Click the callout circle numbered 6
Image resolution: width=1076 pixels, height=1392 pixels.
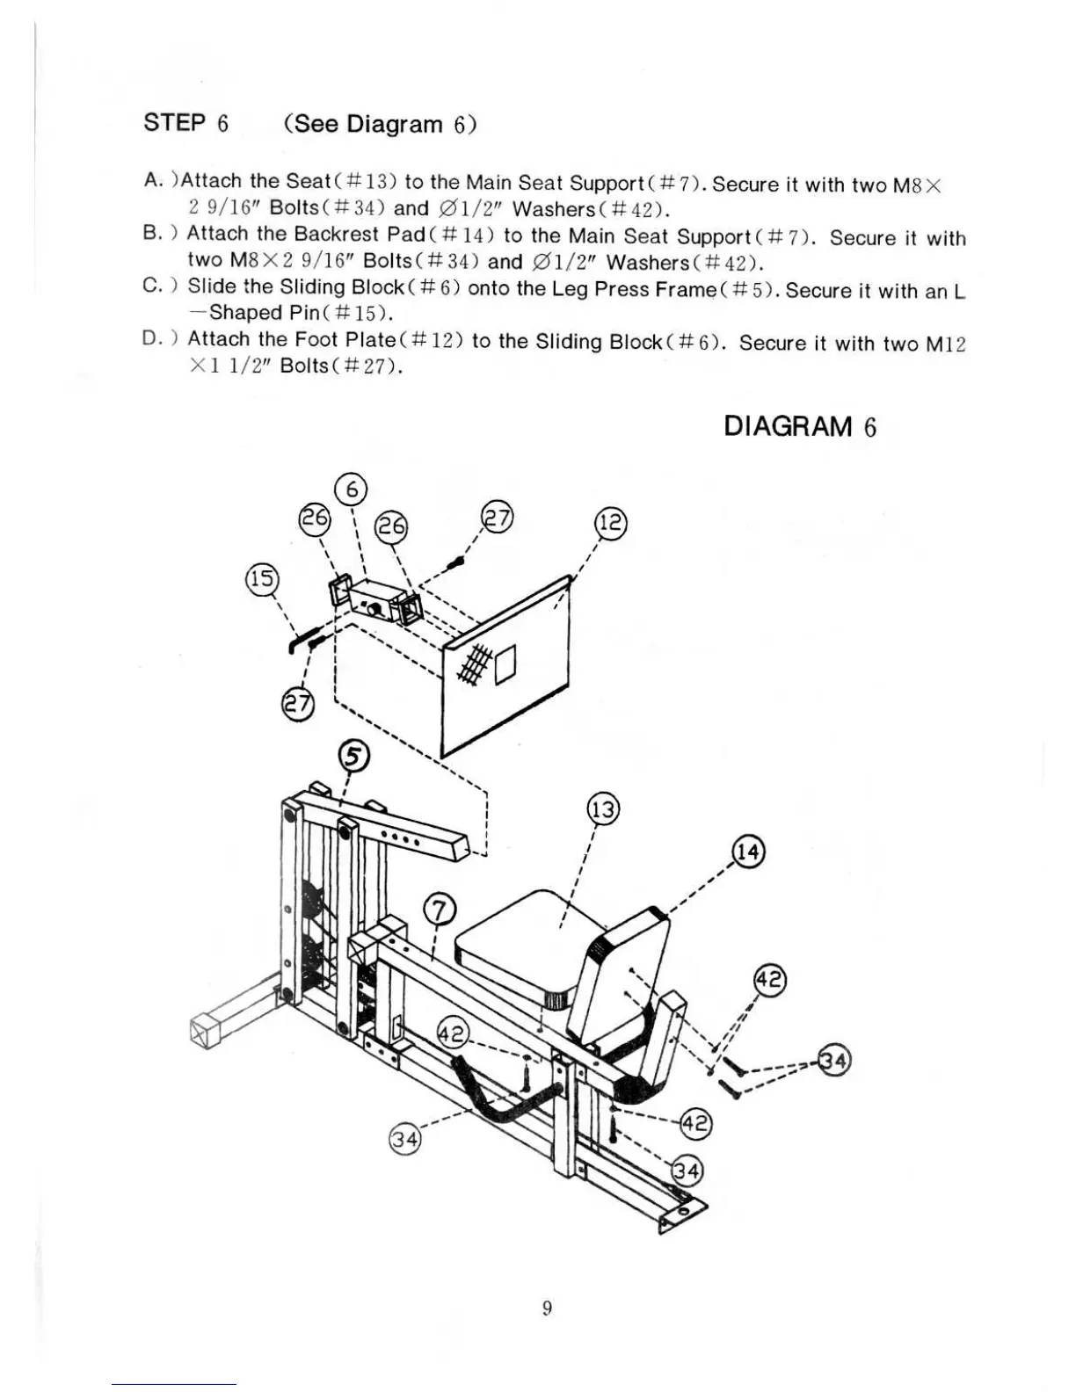[x=351, y=489]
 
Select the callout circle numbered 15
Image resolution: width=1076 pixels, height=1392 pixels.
[x=260, y=581]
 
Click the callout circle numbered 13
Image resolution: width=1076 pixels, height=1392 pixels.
[x=603, y=809]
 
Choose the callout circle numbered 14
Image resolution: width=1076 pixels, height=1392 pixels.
[x=749, y=852]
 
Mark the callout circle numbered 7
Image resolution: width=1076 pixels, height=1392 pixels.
[x=440, y=910]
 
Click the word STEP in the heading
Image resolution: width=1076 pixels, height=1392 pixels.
[x=174, y=122]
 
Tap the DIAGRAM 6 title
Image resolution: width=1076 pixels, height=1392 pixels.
[x=800, y=427]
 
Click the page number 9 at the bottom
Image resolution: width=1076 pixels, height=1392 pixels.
[x=547, y=1309]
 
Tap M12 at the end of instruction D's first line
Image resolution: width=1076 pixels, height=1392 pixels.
[x=946, y=344]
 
